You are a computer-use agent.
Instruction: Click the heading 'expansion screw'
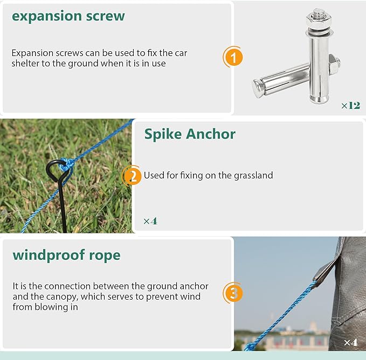(x=68, y=16)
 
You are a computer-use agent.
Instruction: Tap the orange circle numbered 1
(x=233, y=57)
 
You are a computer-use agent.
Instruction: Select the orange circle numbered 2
(x=133, y=176)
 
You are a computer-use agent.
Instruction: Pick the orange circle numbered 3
(x=233, y=293)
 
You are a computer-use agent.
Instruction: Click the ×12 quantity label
(x=350, y=106)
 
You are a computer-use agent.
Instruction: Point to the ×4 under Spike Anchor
(x=150, y=221)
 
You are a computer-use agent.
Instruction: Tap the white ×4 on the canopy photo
(x=351, y=343)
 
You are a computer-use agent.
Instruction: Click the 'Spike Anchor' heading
(x=190, y=134)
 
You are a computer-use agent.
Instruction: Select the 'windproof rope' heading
(x=66, y=255)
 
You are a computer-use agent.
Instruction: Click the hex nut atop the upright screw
(x=319, y=20)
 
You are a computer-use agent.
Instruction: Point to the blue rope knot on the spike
(x=66, y=165)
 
